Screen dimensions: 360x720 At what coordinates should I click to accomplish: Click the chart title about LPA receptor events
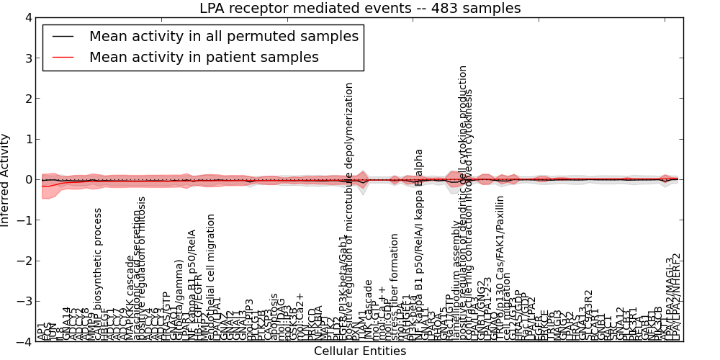360,8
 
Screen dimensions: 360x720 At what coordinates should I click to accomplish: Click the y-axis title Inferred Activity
6,179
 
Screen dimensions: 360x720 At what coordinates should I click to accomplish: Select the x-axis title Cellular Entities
360,351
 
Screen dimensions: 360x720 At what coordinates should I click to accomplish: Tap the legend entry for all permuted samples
223,35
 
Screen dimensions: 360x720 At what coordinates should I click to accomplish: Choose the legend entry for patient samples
204,57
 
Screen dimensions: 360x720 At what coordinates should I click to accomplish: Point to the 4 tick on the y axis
27,17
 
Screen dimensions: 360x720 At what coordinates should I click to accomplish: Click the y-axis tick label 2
27,99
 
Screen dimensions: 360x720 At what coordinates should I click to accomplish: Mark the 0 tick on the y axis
27,179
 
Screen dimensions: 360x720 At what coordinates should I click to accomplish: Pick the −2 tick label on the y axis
24,261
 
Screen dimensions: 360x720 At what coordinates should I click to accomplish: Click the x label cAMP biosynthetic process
99,274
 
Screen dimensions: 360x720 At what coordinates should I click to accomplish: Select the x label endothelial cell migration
211,276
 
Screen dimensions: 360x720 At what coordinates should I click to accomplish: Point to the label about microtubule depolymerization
349,209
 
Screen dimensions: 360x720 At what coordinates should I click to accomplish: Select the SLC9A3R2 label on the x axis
588,315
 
